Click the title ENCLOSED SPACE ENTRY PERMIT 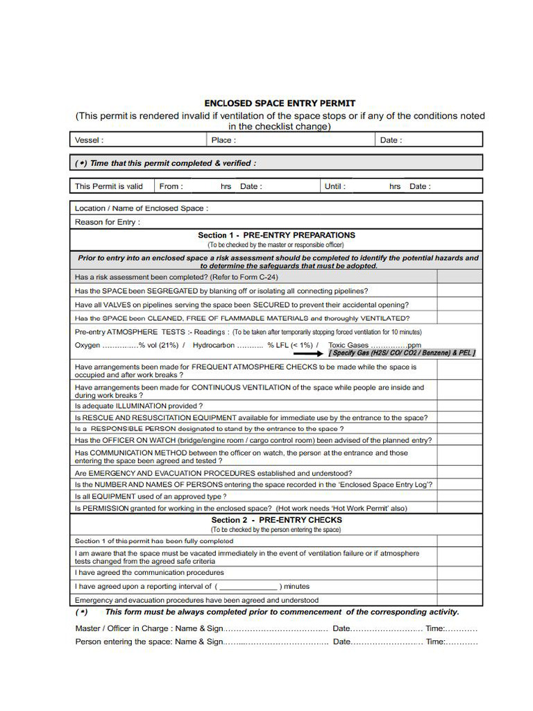pos(280,103)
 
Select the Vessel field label pos(89,140)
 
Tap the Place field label pos(223,140)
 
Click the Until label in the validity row pos(335,186)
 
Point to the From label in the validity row pos(171,186)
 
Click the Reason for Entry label pos(107,222)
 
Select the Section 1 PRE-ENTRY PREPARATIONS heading pos(276,235)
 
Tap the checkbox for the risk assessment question pos(459,276)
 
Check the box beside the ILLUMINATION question pos(459,405)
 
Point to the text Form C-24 pos(256,276)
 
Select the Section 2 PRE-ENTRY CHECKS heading pos(276,520)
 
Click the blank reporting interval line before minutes pos(248,587)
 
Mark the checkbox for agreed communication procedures pos(459,573)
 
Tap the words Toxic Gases pos(348,345)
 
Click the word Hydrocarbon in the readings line pos(213,345)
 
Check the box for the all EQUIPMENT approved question pos(459,496)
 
